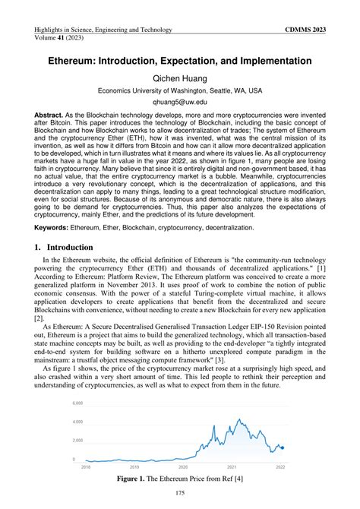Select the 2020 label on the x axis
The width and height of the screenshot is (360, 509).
click(x=182, y=467)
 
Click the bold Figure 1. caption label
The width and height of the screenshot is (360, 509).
click(x=136, y=480)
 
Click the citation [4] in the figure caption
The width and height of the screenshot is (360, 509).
click(x=239, y=480)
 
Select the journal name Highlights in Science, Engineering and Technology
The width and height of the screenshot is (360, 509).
click(x=103, y=30)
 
